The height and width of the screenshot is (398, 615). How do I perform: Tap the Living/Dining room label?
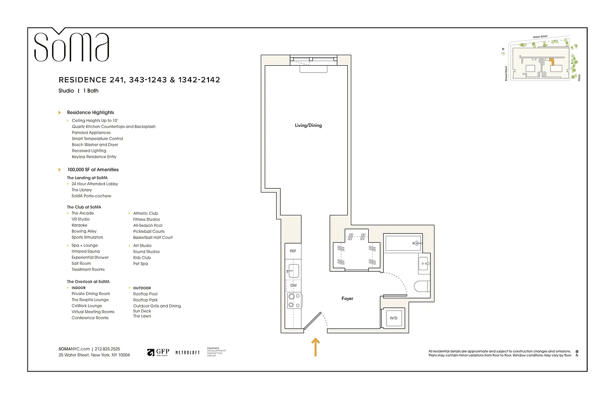click(308, 125)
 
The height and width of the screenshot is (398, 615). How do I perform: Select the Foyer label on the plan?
click(347, 298)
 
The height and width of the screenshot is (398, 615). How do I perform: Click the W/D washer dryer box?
click(394, 318)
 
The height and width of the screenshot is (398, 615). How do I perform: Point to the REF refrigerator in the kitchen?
click(293, 251)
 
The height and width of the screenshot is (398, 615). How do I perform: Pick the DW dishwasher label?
click(293, 285)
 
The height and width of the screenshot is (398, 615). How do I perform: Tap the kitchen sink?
click(293, 270)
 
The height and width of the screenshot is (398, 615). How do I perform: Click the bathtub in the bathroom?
click(403, 243)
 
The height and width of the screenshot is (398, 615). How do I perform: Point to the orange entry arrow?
click(315, 347)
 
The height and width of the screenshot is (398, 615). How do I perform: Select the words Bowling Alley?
click(84, 231)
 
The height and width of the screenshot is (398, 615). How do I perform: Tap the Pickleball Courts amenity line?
click(149, 231)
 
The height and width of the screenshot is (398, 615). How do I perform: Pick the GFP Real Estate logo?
click(158, 352)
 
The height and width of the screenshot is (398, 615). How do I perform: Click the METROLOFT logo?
click(188, 352)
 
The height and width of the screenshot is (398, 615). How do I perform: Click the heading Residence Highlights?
click(90, 112)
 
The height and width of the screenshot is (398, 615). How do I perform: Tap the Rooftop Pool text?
click(145, 294)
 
